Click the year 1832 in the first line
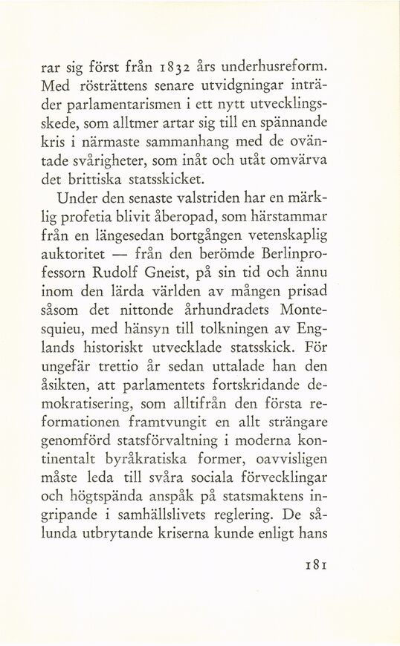(170, 71)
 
